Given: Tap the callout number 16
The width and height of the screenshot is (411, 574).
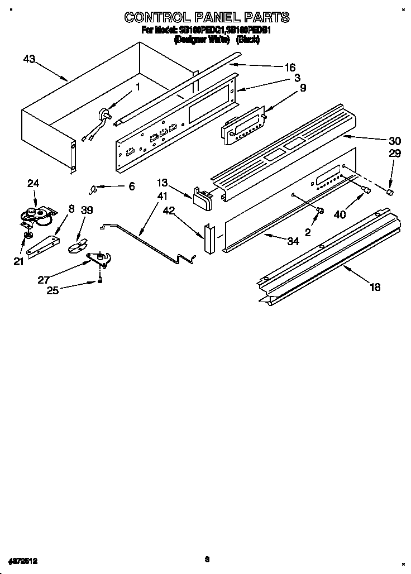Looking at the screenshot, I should [290, 68].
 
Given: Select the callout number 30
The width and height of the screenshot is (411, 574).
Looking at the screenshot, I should [379, 141].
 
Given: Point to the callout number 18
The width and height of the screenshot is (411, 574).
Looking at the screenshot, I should [375, 287].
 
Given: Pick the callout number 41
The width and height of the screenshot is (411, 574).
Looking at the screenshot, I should [162, 197].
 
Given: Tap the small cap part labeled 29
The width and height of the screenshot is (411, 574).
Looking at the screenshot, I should [391, 193].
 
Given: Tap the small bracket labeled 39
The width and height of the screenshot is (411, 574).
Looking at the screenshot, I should [78, 245].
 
